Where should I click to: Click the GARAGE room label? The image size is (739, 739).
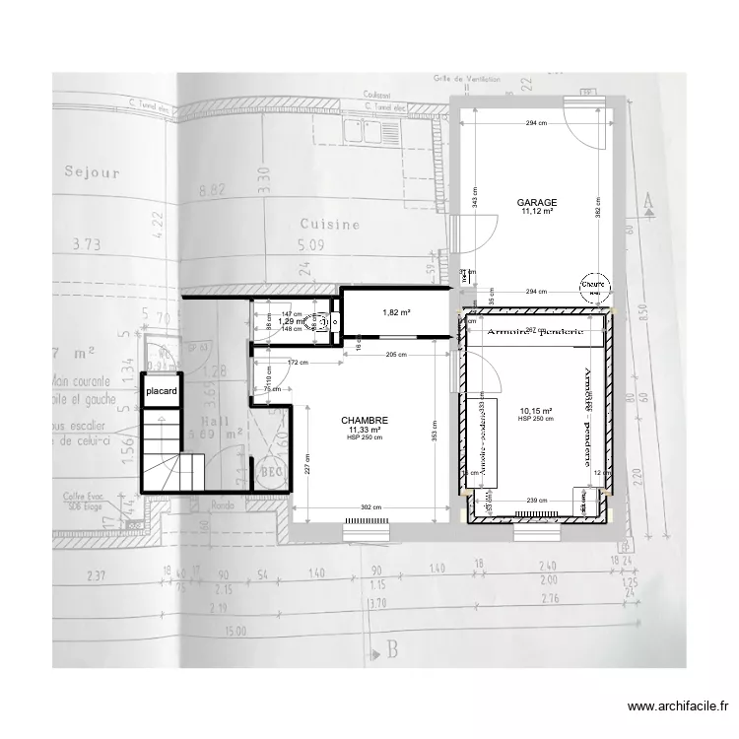(537, 202)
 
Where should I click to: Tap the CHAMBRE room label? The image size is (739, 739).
(368, 420)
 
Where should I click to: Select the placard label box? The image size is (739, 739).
(161, 391)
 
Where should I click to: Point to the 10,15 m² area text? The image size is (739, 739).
(535, 411)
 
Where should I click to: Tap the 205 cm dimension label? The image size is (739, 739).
(396, 354)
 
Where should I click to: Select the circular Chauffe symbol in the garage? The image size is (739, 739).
(593, 285)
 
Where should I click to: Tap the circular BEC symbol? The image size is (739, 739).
(267, 474)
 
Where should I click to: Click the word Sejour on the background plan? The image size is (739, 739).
(92, 172)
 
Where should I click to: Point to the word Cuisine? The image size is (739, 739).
(330, 225)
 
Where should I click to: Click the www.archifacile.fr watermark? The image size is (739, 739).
(679, 705)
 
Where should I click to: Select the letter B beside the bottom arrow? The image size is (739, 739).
(391, 648)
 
